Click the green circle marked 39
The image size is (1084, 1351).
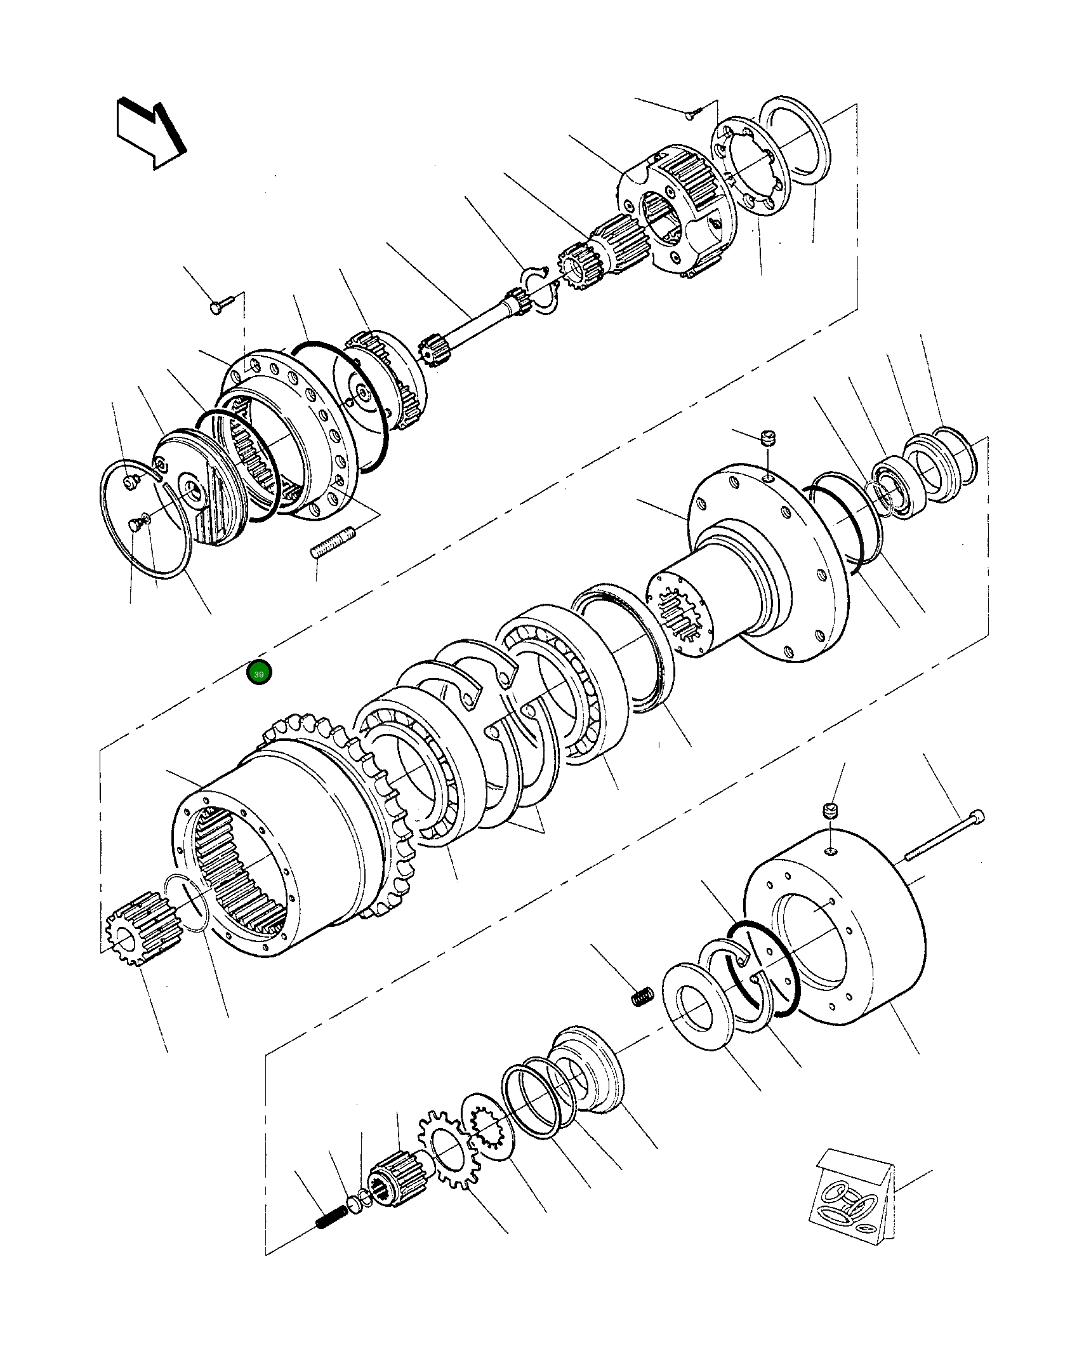tap(259, 674)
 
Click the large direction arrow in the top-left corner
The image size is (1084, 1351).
tap(150, 135)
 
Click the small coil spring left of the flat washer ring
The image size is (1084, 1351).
tap(641, 997)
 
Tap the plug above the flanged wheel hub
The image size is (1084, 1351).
tap(769, 437)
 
